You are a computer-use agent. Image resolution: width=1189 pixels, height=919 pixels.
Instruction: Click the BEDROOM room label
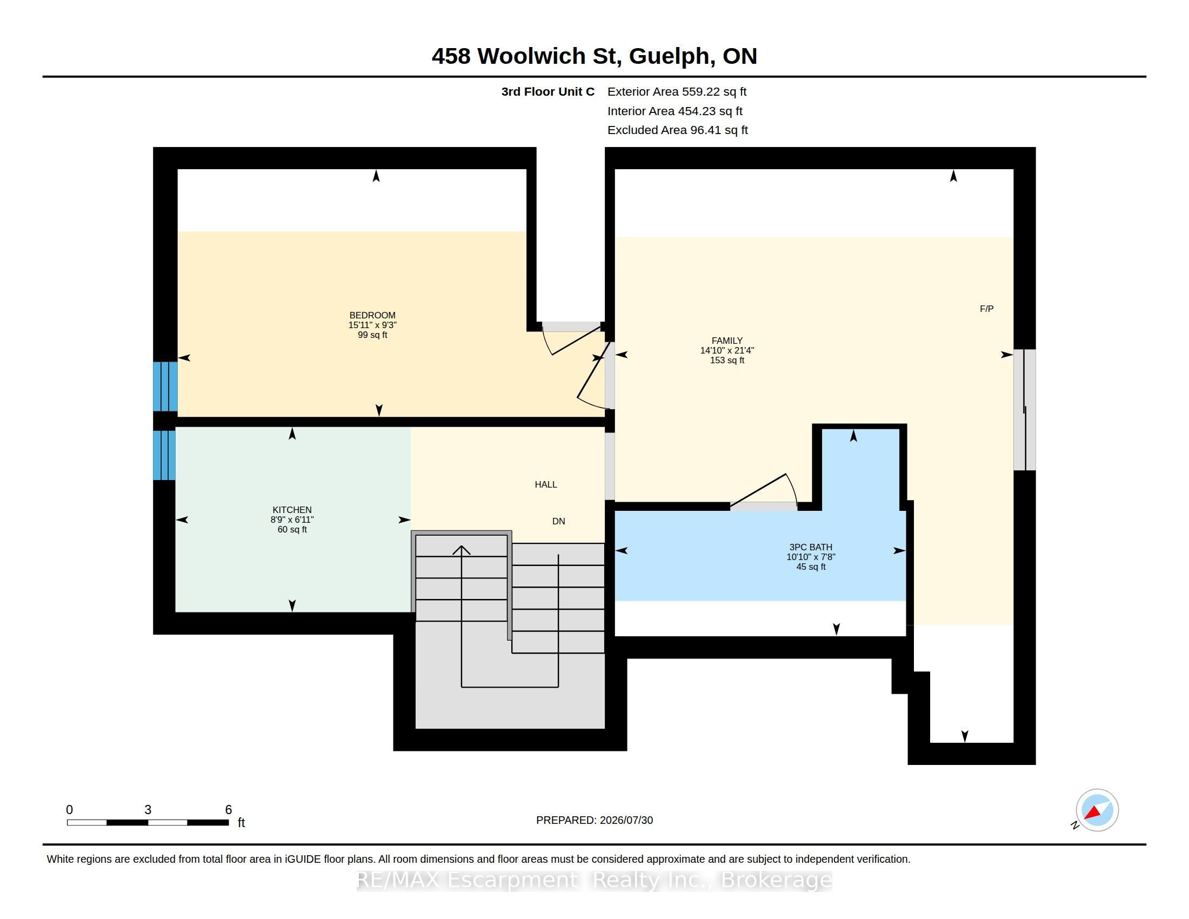point(372,315)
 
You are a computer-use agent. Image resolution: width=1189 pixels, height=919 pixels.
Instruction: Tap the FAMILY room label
point(727,341)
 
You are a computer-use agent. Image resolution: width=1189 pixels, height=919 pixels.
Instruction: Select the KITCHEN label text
point(292,510)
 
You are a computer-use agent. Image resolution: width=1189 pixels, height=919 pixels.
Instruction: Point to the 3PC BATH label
point(811,547)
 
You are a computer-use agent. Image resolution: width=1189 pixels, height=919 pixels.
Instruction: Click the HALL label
point(545,484)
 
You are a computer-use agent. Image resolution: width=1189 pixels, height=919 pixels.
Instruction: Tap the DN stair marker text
point(559,521)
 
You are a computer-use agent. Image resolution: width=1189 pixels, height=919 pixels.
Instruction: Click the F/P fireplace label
point(986,309)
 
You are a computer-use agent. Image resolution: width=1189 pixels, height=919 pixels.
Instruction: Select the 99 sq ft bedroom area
point(372,335)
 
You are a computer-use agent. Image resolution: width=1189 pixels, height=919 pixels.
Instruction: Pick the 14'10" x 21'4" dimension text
point(727,351)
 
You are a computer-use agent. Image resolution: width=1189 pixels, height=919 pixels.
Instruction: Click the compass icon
point(1097,810)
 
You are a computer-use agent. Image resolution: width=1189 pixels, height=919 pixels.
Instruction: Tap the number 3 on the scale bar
point(148,810)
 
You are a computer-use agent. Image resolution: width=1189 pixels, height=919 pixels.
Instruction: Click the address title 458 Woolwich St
point(526,56)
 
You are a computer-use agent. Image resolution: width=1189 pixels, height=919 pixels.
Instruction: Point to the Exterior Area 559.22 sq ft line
point(677,92)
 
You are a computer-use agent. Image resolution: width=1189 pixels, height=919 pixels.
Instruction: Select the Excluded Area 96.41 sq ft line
point(677,130)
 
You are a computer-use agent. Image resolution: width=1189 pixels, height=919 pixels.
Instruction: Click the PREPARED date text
point(594,820)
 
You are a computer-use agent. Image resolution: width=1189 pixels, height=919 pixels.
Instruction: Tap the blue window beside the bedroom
point(165,386)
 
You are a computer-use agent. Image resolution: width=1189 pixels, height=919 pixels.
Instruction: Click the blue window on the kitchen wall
point(164,455)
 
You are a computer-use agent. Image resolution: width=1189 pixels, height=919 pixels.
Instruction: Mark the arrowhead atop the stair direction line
point(462,550)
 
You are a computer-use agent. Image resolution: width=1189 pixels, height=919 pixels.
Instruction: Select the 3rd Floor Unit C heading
point(547,92)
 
